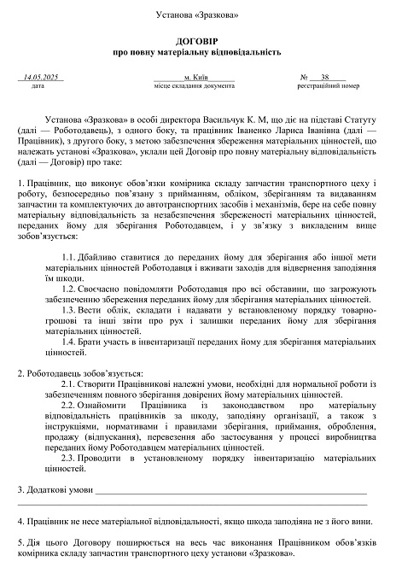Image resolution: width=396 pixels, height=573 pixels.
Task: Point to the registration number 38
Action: pos(326,77)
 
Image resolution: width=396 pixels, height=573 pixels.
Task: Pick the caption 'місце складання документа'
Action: pos(194,86)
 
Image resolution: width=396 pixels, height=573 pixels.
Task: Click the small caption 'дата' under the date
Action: pos(38,86)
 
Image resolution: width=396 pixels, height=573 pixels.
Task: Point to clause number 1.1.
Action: pos(73,257)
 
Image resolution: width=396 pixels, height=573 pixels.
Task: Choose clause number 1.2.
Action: pos(73,289)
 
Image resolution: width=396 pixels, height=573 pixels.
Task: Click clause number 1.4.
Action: pos(73,341)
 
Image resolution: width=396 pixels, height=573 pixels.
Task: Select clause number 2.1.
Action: pos(71,383)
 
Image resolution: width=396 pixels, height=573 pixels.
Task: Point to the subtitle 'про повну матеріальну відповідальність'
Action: pos(197,52)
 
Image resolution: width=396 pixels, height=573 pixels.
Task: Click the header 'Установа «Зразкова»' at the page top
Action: pos(197,15)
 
